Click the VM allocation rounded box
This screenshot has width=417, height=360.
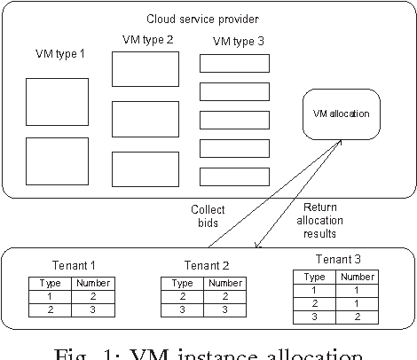[x=341, y=113]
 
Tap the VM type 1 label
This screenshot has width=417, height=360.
[x=54, y=54]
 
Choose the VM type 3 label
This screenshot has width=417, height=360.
[x=233, y=42]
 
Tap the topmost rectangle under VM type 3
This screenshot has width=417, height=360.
[x=234, y=64]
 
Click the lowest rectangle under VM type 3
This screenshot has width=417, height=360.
[x=234, y=176]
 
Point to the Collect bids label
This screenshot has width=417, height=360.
[x=207, y=215]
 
